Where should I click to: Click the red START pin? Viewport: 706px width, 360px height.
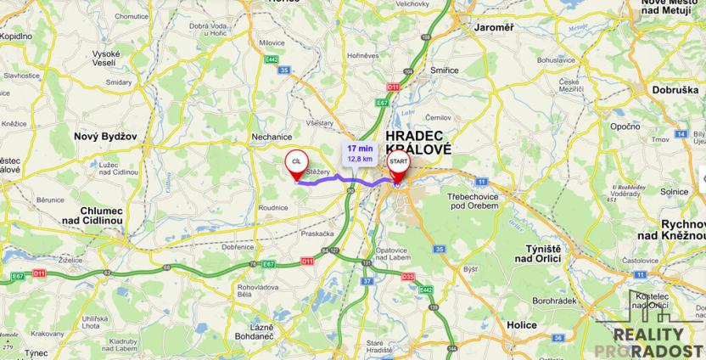click(397, 164)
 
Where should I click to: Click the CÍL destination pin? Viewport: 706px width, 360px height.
click(295, 162)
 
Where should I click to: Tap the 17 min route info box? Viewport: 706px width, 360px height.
click(360, 153)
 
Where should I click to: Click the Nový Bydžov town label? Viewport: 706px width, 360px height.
click(105, 136)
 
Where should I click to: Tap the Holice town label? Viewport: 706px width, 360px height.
click(521, 325)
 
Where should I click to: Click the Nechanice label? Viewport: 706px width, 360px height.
click(272, 136)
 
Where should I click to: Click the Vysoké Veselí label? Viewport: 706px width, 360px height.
click(106, 59)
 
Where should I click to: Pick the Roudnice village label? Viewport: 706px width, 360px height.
click(272, 206)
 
